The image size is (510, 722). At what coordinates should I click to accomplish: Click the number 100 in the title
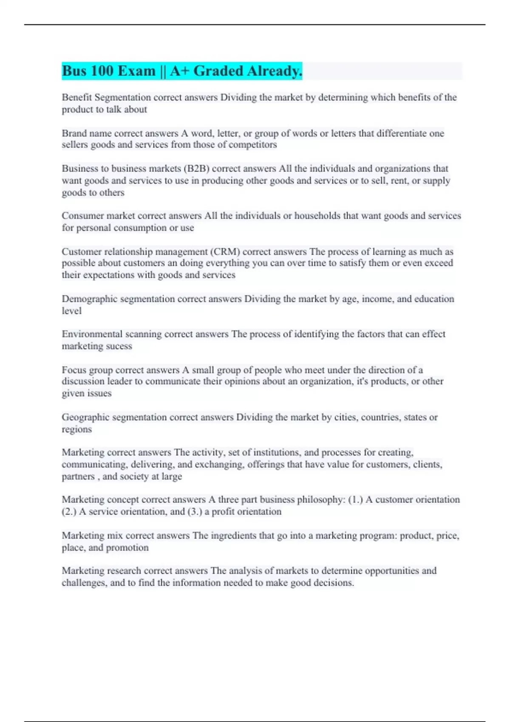(101, 71)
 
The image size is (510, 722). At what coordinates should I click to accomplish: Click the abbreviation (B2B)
(196, 169)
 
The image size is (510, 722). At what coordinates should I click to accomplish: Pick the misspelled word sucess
(119, 346)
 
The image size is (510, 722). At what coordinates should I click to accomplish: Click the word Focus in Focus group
(74, 370)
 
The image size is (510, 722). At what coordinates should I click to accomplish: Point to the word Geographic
(85, 417)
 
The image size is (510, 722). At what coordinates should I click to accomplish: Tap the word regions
(76, 429)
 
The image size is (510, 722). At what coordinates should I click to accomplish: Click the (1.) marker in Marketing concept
(355, 500)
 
